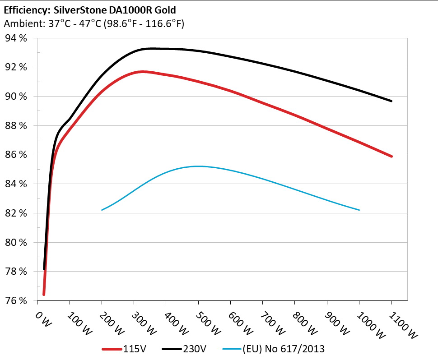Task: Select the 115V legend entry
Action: coord(124,348)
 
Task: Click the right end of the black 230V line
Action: coord(391,101)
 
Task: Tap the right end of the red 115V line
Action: coord(391,156)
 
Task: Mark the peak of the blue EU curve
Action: coord(198,166)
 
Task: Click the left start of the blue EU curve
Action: coord(102,210)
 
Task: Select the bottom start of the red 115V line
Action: coord(44,295)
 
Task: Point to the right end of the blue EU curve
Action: coord(359,210)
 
